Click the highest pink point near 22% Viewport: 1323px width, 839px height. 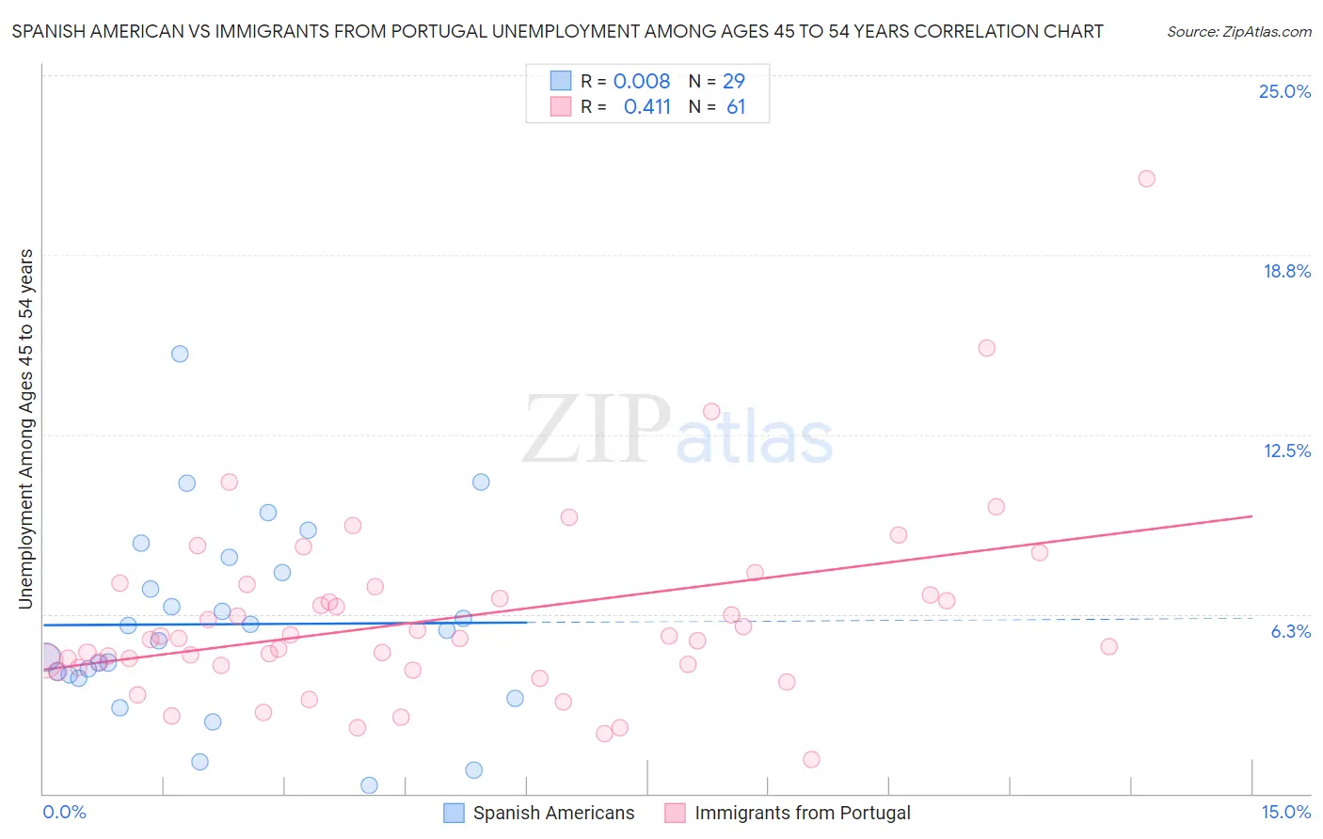point(1146,179)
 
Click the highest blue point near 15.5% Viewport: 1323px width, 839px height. point(180,354)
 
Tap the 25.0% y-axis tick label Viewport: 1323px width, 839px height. point(1284,91)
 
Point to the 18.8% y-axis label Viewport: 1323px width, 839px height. point(1286,271)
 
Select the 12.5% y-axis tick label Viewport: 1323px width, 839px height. point(1286,451)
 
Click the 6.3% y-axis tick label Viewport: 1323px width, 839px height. point(1290,631)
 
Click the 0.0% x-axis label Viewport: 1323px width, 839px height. point(64,812)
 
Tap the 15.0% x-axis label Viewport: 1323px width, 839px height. point(1285,812)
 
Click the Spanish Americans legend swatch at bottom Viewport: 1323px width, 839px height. point(454,813)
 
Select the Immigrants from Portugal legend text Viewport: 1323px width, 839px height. point(802,813)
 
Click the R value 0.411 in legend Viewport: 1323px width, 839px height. point(646,107)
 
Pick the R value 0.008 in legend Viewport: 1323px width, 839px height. point(642,82)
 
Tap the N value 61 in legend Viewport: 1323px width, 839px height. point(736,107)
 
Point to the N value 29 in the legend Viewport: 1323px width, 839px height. point(734,82)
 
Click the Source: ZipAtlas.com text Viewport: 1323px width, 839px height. point(1238,32)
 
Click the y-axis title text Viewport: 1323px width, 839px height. point(26,429)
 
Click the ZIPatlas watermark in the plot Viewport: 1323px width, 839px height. point(677,431)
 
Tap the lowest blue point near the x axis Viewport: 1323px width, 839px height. point(369,784)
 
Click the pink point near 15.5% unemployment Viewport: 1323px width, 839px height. point(986,348)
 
